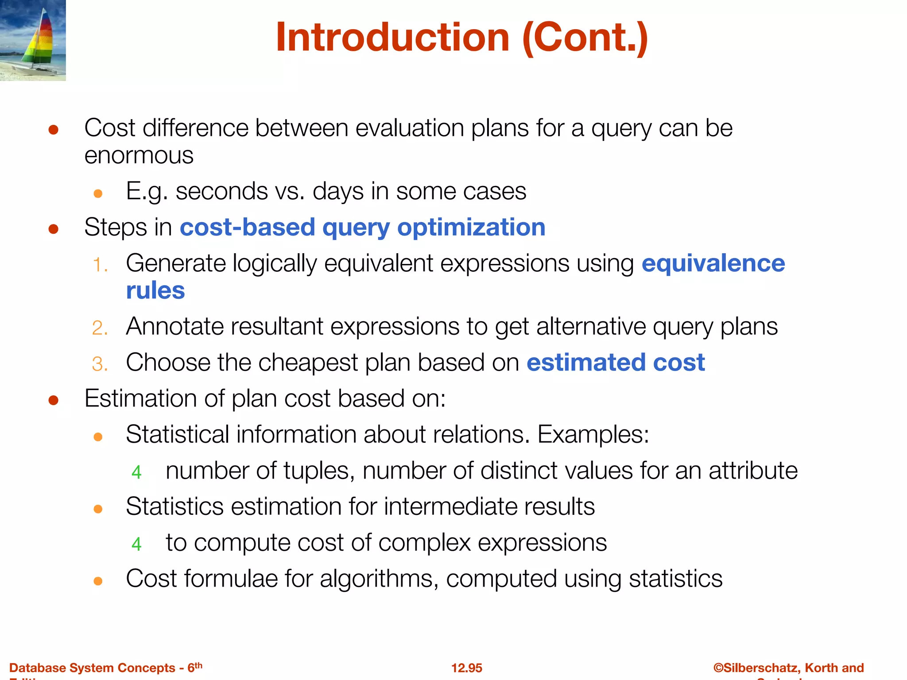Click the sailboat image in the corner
pos(33,40)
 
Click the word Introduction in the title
pos(392,38)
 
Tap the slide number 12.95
pos(466,668)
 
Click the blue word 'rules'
pos(155,291)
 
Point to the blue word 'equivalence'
pos(713,263)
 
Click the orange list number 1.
pos(100,265)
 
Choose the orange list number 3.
pos(100,364)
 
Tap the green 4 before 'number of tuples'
pos(136,472)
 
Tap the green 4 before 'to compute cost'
pos(136,544)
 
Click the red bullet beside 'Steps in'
pos(54,229)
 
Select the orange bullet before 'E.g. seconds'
pos(98,193)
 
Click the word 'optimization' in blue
pos(471,228)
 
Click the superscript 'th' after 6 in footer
pos(198,665)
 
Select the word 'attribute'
pos(753,470)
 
